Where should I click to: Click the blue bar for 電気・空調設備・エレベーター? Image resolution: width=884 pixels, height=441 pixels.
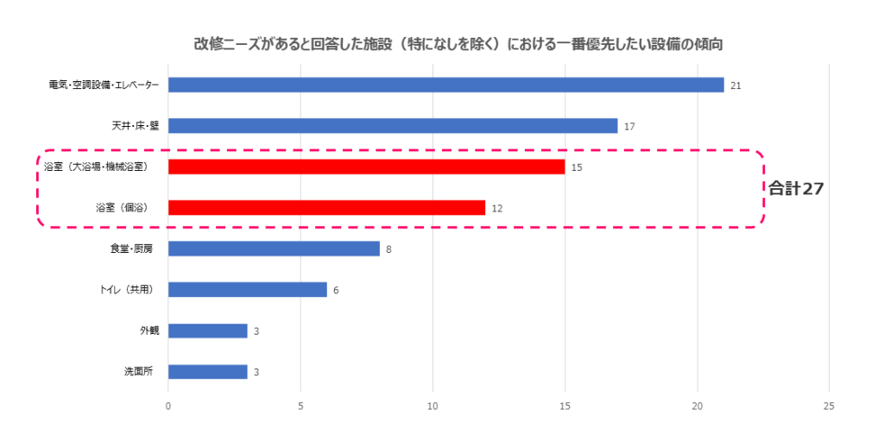(445, 85)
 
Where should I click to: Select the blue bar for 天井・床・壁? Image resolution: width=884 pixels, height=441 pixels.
(393, 126)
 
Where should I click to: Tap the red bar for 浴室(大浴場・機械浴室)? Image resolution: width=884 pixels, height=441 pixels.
(366, 167)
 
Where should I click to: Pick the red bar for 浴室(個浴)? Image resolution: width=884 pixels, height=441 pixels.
(326, 207)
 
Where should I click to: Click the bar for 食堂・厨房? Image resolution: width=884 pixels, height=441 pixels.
(274, 249)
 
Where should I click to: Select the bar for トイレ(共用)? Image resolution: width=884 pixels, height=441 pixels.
(247, 290)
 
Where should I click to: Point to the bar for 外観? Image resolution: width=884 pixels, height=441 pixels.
(207, 331)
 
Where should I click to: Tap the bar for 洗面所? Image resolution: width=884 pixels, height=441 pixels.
(207, 372)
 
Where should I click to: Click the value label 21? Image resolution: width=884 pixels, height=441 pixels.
(736, 85)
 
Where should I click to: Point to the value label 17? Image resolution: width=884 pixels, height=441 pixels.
(629, 127)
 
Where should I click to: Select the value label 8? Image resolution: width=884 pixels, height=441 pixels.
(389, 249)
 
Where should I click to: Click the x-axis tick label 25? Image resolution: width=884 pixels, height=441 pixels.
(829, 406)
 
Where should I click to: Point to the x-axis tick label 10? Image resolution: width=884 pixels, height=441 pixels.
(433, 406)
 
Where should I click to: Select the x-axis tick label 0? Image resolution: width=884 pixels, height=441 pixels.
(168, 406)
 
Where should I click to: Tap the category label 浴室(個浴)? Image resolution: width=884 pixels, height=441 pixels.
(124, 207)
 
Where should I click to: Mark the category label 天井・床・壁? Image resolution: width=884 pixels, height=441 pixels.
(136, 126)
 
